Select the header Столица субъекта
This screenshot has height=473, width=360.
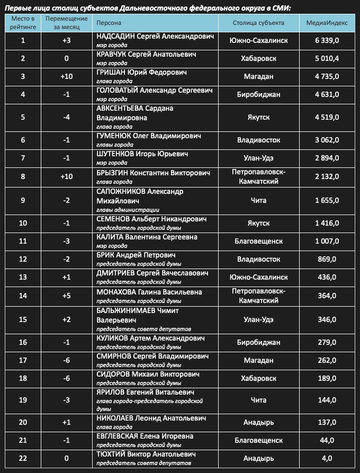click(258, 23)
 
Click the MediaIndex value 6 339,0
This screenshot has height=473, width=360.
click(327, 40)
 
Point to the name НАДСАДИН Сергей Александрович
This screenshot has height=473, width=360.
click(155, 37)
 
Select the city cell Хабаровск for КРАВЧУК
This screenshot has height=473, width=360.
click(258, 58)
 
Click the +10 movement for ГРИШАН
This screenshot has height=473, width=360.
click(66, 76)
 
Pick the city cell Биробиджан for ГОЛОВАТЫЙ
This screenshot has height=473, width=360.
click(258, 94)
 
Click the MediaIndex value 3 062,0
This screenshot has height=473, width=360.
click(327, 140)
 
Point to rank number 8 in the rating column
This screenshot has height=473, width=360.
click(23, 176)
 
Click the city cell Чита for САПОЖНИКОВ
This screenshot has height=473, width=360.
click(258, 201)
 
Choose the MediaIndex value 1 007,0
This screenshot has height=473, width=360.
click(327, 240)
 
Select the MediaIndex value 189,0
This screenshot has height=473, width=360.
click(327, 378)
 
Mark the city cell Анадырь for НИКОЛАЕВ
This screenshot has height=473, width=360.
click(258, 422)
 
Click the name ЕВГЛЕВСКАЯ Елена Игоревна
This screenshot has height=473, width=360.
click(145, 436)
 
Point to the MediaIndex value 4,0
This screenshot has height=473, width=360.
click(327, 458)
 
